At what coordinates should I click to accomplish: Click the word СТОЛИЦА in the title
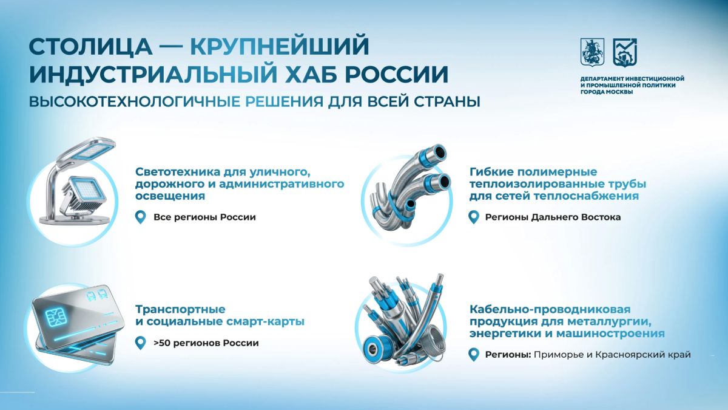[90, 47]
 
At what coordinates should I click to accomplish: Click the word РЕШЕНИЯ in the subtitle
[284, 101]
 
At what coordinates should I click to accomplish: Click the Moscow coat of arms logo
[592, 52]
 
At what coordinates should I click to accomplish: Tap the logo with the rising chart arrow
[625, 52]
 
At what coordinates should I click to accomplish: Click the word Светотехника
[177, 171]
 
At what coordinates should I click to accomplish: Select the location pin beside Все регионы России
[140, 217]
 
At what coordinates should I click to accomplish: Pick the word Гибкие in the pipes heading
[491, 171]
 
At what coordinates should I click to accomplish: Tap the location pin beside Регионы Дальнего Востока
[474, 217]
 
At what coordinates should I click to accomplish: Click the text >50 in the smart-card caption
[161, 343]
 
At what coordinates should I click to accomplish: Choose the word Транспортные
[180, 309]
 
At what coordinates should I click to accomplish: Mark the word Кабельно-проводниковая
[550, 309]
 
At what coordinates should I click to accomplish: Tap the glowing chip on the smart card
[54, 318]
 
